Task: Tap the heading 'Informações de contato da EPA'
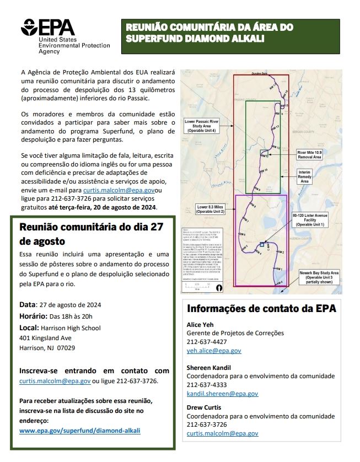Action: (x=261, y=308)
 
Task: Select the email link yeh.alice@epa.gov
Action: (x=214, y=351)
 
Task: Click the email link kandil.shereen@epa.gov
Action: (x=222, y=394)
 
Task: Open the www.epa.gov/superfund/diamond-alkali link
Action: (x=80, y=430)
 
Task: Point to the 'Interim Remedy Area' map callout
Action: (x=305, y=176)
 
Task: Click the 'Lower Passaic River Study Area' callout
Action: (x=202, y=125)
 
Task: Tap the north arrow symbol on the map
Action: (x=219, y=287)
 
